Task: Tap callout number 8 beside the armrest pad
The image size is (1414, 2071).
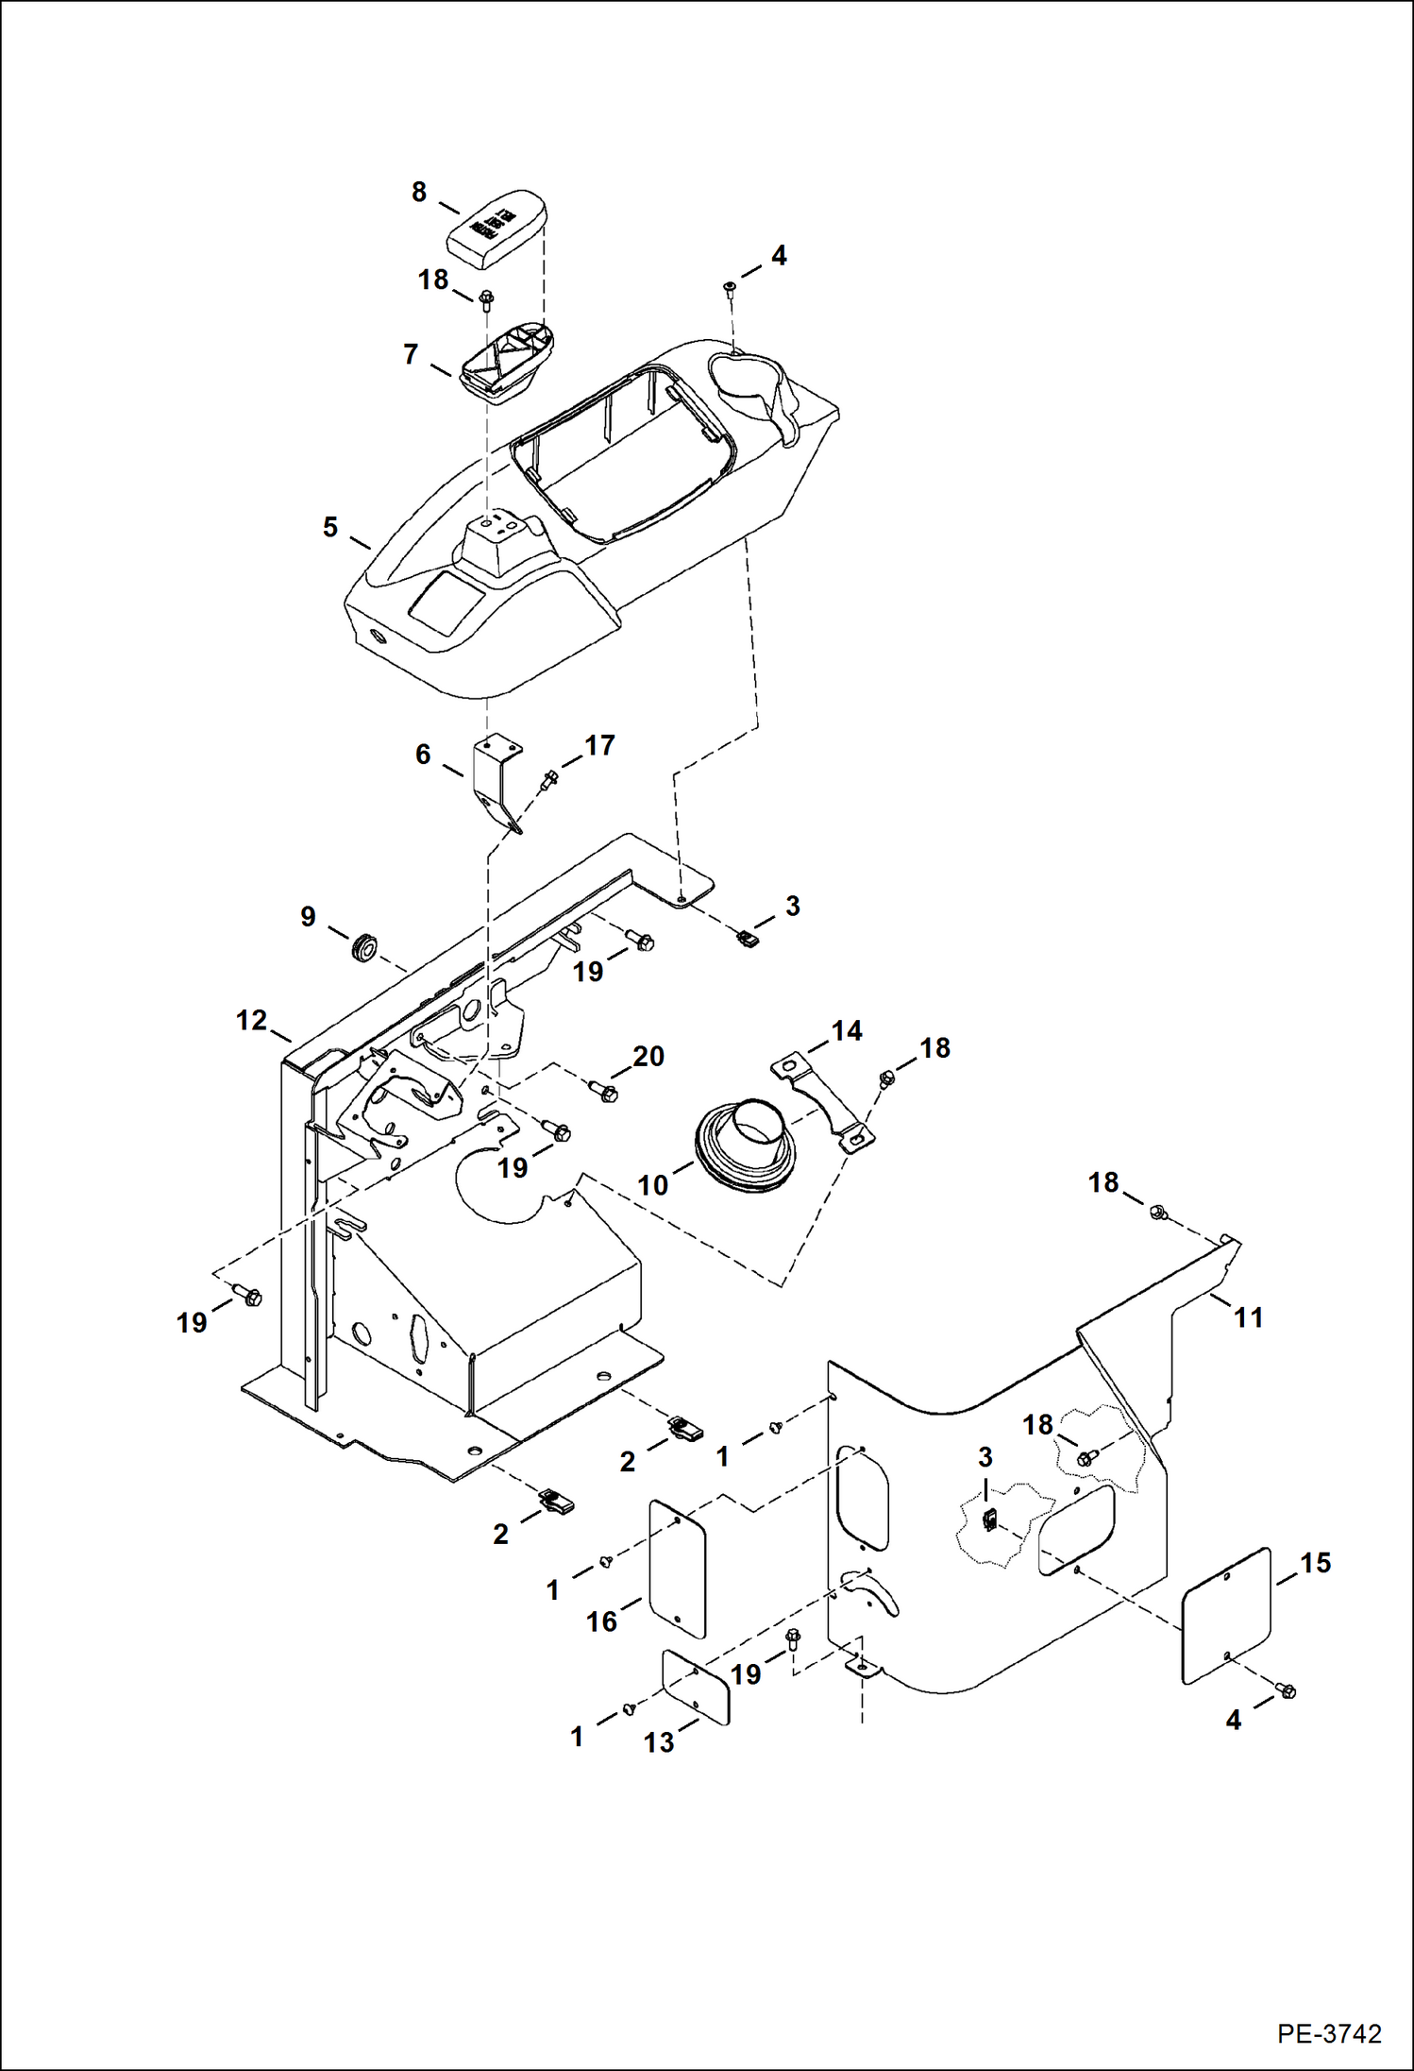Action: (419, 193)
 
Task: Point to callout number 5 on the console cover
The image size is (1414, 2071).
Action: (329, 527)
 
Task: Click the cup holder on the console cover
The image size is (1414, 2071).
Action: (750, 387)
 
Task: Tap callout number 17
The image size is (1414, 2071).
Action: (599, 746)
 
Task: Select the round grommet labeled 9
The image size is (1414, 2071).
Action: (363, 947)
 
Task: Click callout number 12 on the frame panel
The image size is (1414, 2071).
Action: (251, 1020)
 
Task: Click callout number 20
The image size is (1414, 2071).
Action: (648, 1056)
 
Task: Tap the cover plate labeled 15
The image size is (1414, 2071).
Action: (1226, 1615)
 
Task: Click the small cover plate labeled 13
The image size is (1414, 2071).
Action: (696, 1688)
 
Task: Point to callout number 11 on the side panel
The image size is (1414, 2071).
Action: (1248, 1317)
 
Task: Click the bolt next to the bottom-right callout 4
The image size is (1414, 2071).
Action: (1285, 1690)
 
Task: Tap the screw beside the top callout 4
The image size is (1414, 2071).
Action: (730, 286)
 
